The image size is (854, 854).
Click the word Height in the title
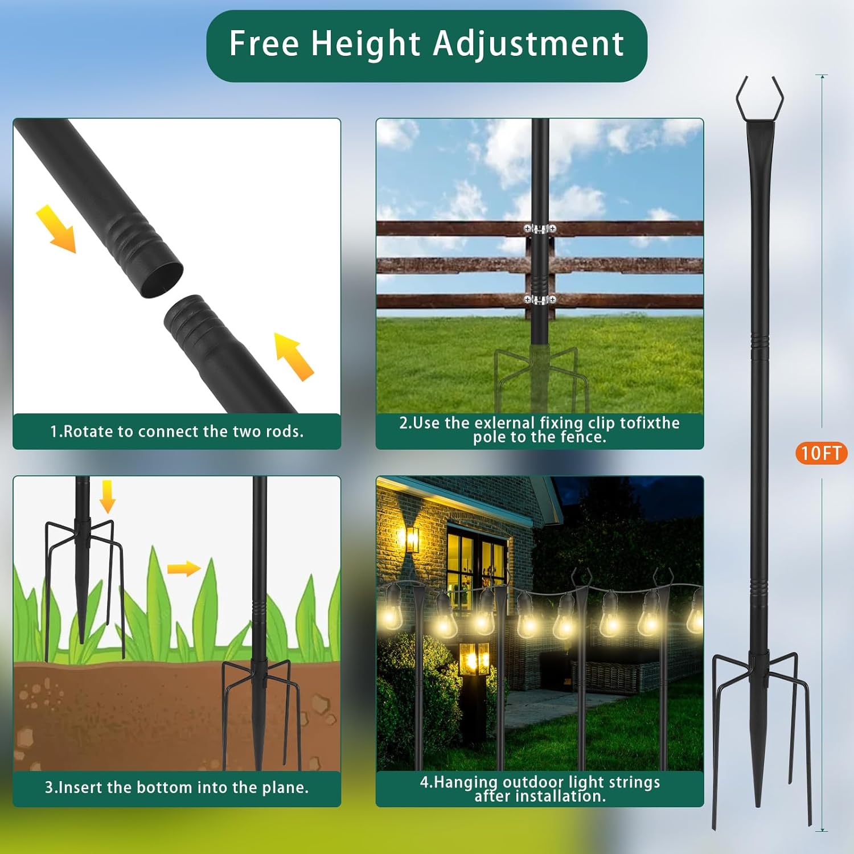point(366,44)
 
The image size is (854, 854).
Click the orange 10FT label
point(821,453)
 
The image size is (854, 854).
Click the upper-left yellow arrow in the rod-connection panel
point(56,229)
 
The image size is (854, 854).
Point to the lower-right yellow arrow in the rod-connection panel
point(294,356)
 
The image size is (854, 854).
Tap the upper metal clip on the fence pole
point(540,229)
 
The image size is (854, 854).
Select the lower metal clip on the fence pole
point(540,299)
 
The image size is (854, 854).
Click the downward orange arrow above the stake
point(107,496)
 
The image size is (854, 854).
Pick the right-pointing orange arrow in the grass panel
point(184,568)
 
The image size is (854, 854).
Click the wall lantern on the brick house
point(412,539)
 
